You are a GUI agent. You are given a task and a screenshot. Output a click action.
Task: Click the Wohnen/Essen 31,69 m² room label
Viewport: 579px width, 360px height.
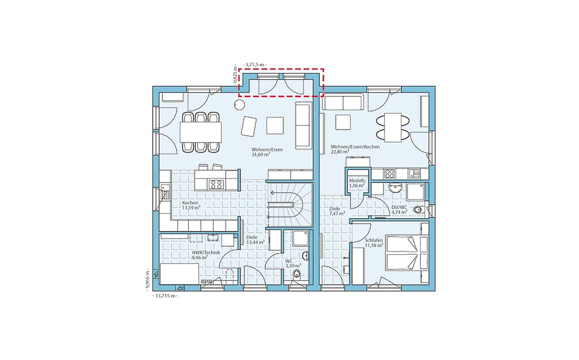(x=267, y=152)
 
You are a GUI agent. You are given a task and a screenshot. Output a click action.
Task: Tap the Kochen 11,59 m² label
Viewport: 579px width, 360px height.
(x=191, y=205)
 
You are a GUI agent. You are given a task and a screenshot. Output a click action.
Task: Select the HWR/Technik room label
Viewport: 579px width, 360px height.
(x=206, y=253)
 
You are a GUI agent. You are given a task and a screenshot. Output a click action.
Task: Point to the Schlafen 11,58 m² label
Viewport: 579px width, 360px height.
(x=374, y=242)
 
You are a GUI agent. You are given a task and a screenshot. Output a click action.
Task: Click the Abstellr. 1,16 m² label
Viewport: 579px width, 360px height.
(x=357, y=183)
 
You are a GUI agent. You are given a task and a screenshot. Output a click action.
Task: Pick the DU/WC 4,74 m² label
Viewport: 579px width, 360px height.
(x=399, y=210)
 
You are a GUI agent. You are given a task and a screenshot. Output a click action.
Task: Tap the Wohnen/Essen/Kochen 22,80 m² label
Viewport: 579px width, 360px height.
(x=355, y=149)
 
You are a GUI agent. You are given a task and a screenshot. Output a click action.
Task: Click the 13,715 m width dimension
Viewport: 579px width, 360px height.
(x=165, y=296)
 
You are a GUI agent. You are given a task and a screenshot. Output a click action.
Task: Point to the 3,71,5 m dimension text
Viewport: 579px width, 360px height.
(x=256, y=64)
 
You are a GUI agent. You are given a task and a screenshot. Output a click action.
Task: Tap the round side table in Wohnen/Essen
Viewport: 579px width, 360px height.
(x=239, y=105)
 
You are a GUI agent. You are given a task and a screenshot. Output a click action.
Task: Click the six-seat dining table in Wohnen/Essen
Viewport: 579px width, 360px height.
(x=201, y=132)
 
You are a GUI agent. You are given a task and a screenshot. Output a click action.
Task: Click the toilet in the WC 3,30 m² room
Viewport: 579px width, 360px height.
(x=296, y=274)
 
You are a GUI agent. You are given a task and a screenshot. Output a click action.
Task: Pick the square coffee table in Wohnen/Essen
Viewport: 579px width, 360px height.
(x=275, y=125)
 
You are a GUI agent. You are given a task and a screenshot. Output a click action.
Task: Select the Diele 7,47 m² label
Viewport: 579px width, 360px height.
(x=337, y=211)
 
